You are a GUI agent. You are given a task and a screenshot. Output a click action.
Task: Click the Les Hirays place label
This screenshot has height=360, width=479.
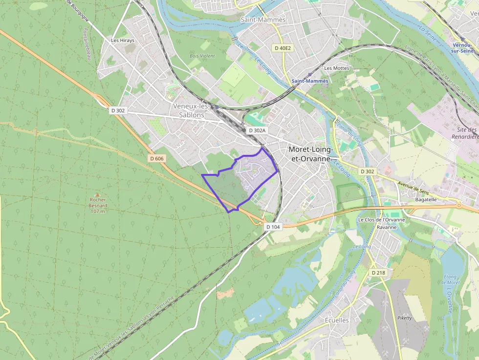click(x=122, y=41)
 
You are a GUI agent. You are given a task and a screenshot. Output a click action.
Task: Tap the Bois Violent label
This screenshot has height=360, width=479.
click(x=202, y=56)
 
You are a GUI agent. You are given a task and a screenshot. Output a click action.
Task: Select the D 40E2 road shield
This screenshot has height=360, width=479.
click(x=283, y=48)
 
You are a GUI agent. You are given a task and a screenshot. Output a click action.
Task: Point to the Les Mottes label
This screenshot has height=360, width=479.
click(x=337, y=68)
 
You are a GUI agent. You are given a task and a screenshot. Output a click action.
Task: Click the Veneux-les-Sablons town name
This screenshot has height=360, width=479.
click(x=191, y=110)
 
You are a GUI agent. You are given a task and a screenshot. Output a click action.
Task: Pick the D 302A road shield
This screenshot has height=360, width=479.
click(x=257, y=130)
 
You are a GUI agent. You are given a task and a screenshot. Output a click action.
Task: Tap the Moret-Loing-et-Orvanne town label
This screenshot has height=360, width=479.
click(x=310, y=154)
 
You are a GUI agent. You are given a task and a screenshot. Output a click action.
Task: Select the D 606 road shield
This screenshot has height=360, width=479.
click(x=157, y=158)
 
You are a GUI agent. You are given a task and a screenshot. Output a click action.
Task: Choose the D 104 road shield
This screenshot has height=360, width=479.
click(x=274, y=227)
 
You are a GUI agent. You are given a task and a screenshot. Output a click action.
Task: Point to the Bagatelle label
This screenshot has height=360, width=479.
click(x=425, y=200)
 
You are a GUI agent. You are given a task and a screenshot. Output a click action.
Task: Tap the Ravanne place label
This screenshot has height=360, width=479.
click(x=386, y=227)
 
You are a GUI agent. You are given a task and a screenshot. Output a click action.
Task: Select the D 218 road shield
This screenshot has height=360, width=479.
click(x=379, y=273)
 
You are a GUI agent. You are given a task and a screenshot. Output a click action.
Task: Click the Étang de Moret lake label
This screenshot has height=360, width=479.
click(x=450, y=280)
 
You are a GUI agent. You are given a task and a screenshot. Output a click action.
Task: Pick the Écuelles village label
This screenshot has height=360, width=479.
click(x=337, y=320)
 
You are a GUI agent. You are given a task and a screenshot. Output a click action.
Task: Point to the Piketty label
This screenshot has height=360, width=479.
click(x=405, y=318)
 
